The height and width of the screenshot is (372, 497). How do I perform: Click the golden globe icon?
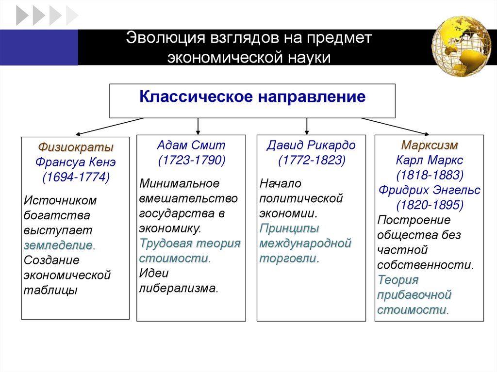click(x=461, y=46)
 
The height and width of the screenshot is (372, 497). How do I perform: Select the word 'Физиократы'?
click(x=76, y=146)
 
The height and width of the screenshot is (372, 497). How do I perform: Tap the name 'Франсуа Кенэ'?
click(x=76, y=162)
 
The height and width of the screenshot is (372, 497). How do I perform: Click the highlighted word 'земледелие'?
click(x=59, y=245)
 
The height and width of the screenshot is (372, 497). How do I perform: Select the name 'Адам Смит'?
click(x=191, y=145)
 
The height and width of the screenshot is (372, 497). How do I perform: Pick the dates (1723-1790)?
click(x=191, y=160)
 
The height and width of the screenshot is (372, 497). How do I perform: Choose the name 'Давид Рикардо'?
click(x=311, y=145)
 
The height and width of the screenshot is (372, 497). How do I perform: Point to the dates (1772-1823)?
click(x=311, y=160)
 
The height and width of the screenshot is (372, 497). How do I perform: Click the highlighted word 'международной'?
click(x=305, y=243)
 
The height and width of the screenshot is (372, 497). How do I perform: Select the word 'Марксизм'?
click(x=430, y=145)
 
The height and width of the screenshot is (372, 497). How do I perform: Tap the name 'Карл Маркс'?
click(x=430, y=160)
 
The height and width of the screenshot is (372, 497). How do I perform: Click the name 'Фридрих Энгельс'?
click(x=430, y=190)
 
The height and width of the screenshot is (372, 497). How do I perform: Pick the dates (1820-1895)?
click(x=430, y=205)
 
